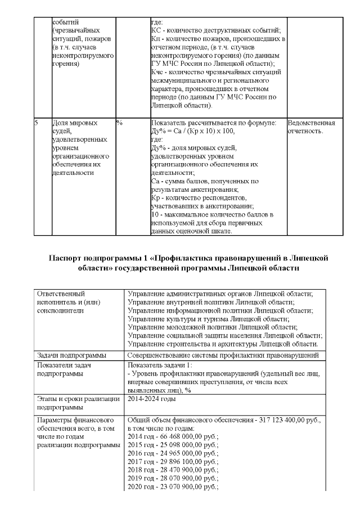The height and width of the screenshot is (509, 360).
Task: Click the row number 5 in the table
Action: [x=37, y=123]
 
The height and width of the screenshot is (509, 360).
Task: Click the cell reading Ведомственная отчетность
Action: [x=311, y=127]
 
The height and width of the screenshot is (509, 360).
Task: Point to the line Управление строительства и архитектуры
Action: [x=223, y=344]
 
